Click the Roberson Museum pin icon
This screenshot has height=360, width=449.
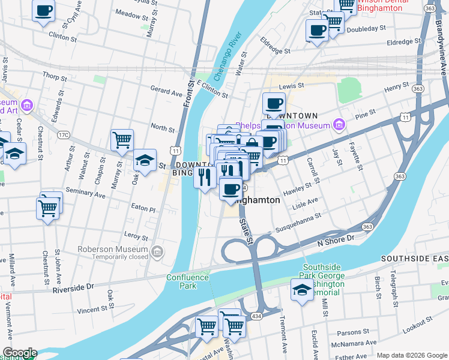click(x=157, y=251)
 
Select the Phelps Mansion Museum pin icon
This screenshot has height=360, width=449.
click(x=339, y=125)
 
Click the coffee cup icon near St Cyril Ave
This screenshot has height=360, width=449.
click(x=44, y=11)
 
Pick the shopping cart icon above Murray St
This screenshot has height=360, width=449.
click(x=122, y=140)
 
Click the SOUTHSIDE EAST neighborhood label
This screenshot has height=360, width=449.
click(x=414, y=259)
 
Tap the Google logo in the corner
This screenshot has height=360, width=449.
click(x=19, y=353)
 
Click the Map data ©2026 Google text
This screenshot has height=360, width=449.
click(x=411, y=355)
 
